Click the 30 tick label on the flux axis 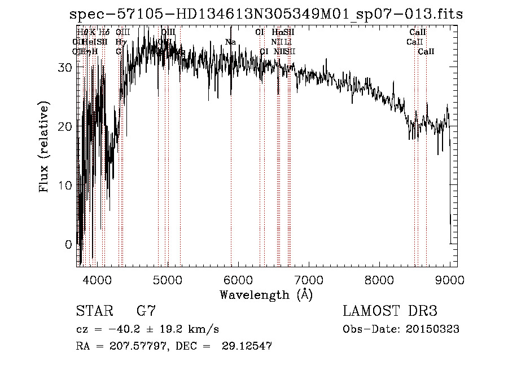click(65, 67)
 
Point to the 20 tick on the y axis click(65, 126)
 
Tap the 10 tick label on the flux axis click(65, 186)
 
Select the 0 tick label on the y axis click(68, 245)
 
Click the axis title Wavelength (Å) click(266, 294)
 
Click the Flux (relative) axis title click(45, 147)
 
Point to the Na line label click(230, 42)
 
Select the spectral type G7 click(146, 311)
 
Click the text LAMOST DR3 click(390, 311)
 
